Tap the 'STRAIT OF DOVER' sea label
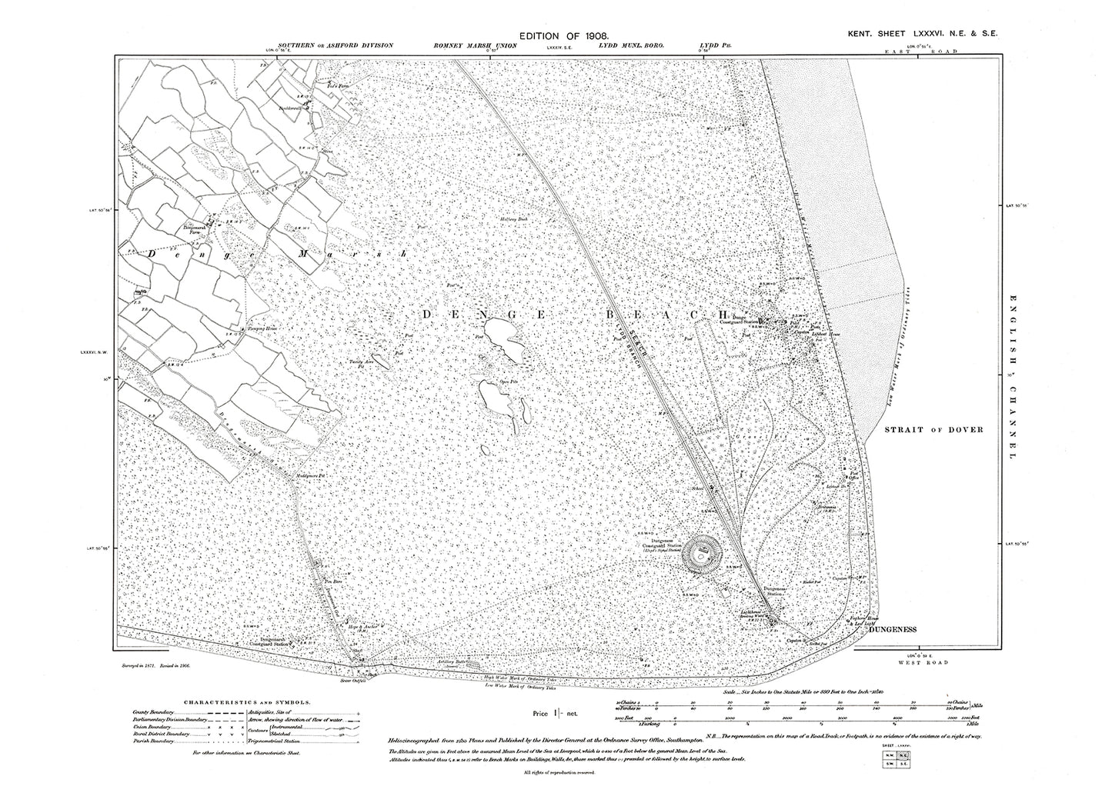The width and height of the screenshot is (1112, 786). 933,430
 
